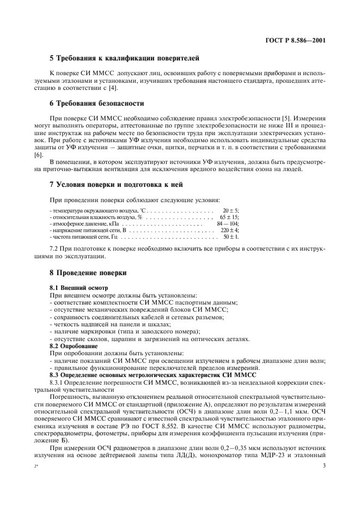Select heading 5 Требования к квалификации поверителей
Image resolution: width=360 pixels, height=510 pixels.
coord(125,58)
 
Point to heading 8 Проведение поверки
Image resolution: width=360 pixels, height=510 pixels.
coord(88,272)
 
